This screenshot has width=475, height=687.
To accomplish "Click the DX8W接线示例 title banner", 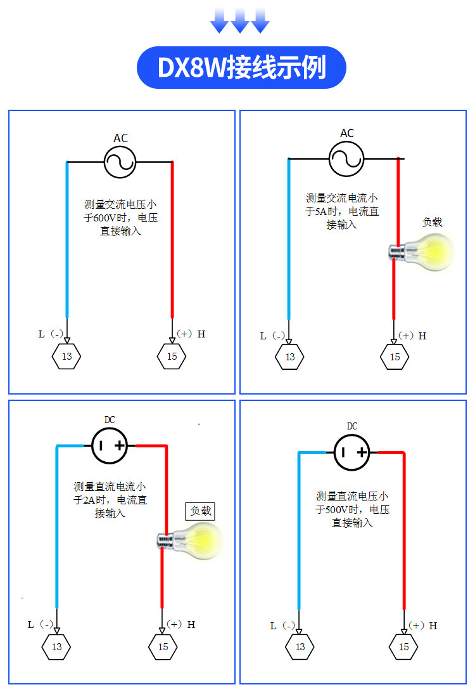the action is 241,67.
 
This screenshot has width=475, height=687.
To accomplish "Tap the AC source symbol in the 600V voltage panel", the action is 120,162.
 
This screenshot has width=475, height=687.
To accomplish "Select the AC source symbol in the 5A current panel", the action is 346,159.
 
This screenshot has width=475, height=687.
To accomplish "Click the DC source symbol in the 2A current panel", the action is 110,445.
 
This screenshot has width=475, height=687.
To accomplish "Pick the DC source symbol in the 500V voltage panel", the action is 351,452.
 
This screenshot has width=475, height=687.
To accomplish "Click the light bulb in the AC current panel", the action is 422,252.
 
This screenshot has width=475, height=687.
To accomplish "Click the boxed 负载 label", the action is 200,511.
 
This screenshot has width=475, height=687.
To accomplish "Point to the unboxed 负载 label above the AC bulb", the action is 432,222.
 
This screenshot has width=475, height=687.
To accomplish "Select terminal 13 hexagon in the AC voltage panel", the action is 66,357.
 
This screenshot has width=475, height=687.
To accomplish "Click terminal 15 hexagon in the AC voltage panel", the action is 172,357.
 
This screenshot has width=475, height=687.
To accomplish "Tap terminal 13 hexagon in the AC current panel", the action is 289,357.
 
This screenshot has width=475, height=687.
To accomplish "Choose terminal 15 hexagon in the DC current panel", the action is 163,646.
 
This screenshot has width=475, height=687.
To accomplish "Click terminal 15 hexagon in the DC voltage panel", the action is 403,646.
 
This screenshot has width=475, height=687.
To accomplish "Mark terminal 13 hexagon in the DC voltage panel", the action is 300,646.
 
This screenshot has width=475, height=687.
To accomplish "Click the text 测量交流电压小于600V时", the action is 120,211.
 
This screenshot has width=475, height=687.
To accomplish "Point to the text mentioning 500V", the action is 352,509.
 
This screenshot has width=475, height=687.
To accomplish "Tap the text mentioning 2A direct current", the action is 110,500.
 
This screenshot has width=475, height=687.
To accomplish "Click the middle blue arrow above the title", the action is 239,20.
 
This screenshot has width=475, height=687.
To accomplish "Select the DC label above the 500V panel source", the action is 352,426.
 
